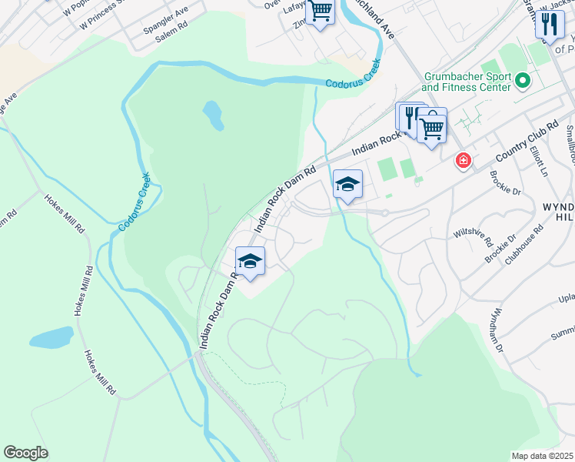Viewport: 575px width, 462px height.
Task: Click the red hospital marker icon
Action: pyautogui.click(x=463, y=160)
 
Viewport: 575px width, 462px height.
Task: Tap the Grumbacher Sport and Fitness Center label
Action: pyautogui.click(x=466, y=82)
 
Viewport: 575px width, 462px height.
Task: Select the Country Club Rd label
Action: pyautogui.click(x=527, y=142)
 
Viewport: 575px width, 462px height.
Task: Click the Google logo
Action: pyautogui.click(x=25, y=453)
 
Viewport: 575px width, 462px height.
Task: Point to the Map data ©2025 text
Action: pyautogui.click(x=542, y=456)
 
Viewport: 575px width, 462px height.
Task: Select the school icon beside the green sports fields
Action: pyautogui.click(x=347, y=184)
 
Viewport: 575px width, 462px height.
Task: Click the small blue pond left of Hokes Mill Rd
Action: pyautogui.click(x=52, y=337)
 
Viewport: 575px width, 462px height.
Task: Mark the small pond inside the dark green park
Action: pyautogui.click(x=213, y=115)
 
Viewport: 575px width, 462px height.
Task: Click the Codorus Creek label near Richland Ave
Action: pyautogui.click(x=353, y=80)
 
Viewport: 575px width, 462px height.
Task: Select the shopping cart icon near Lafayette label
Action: pyautogui.click(x=320, y=12)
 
